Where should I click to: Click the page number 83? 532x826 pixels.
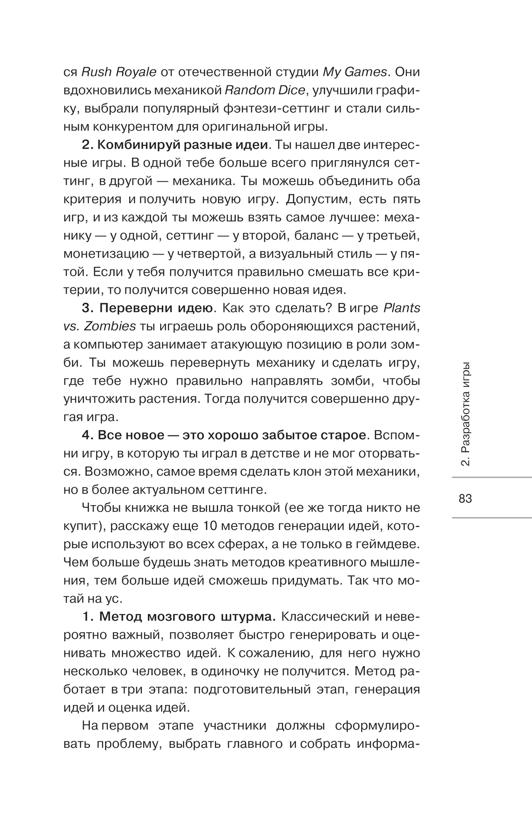[x=465, y=499]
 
